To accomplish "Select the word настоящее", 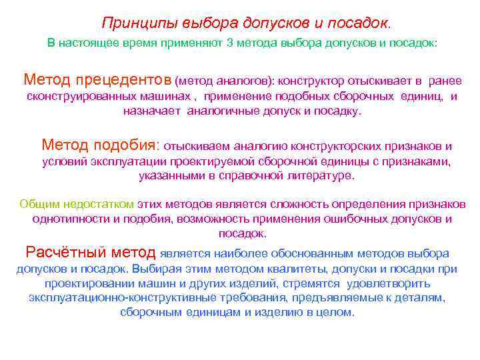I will click(93, 43).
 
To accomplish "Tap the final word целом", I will click(339, 312).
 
